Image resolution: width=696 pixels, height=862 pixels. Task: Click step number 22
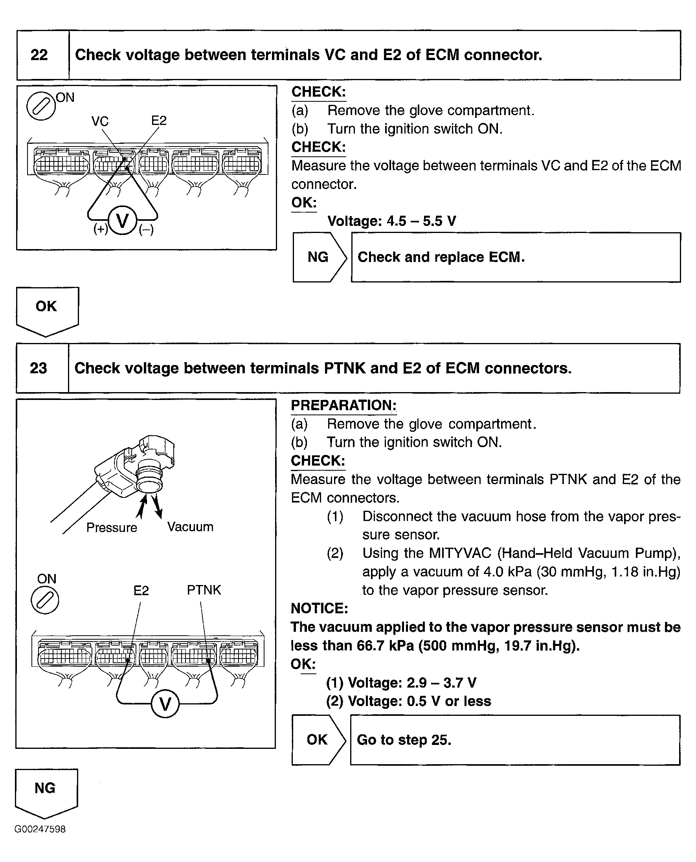39,55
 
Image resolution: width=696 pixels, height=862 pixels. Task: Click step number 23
39,368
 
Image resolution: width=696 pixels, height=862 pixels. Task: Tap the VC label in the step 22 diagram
100,121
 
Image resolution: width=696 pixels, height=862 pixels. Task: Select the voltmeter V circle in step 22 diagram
122,221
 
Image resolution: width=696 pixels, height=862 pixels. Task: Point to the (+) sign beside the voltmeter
100,229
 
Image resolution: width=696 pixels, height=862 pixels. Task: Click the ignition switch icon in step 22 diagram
40,106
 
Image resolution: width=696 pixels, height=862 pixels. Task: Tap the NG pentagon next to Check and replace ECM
318,257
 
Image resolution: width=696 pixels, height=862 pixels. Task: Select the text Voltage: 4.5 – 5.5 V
391,221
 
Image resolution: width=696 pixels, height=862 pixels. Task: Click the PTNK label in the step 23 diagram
204,590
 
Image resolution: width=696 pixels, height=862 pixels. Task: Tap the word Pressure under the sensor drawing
112,528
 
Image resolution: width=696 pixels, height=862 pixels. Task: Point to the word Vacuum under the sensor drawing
190,527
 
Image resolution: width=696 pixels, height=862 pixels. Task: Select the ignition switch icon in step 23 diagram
45,600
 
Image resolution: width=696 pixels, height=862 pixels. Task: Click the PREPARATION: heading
343,405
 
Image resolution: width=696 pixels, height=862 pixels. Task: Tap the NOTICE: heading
319,608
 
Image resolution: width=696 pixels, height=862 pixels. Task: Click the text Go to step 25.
404,740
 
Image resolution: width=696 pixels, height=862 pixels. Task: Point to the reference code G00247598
40,829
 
